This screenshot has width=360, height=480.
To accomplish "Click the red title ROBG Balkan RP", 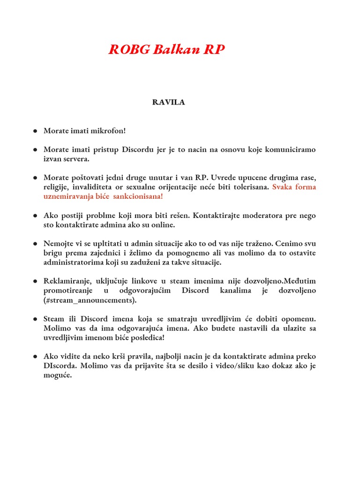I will (166, 50).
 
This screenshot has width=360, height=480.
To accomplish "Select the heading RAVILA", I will (168, 103).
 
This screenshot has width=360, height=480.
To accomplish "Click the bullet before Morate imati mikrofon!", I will (35, 130).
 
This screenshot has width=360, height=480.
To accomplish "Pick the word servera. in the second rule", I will (73, 159).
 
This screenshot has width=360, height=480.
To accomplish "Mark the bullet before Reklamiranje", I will (35, 281).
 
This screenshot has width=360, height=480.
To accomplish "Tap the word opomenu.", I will (300, 319).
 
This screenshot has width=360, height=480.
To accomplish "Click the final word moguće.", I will (58, 375).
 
